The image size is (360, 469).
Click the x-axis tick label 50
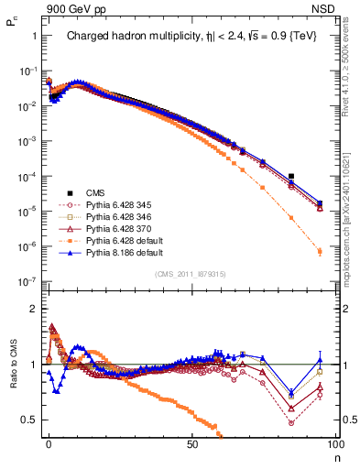[192, 443]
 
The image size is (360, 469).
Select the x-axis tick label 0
[49, 443]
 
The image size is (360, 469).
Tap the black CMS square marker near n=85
[290, 176]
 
